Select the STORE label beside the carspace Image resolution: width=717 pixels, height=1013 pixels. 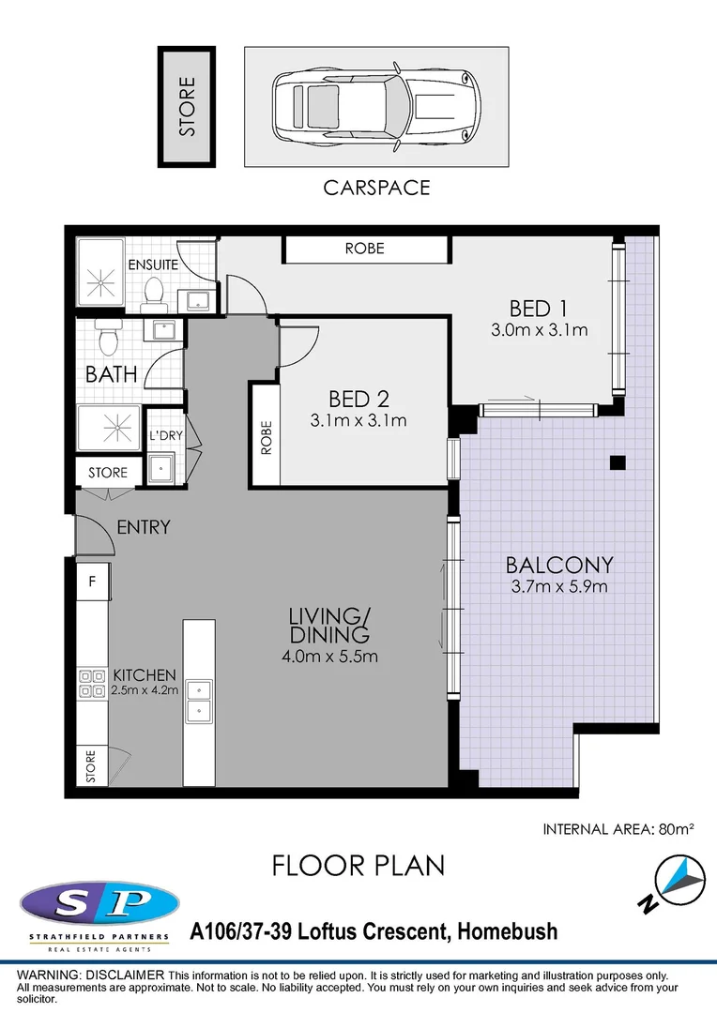click(x=188, y=107)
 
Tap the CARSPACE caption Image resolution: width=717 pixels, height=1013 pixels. click(x=376, y=188)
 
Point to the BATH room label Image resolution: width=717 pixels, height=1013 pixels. click(x=112, y=374)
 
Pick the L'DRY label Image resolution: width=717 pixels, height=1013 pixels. click(x=166, y=436)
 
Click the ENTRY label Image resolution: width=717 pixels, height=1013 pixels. click(x=144, y=528)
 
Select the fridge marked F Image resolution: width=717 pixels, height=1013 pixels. click(x=92, y=582)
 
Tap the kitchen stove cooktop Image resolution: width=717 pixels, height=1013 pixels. click(x=92, y=683)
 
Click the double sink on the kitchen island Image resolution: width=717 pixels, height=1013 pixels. click(x=198, y=700)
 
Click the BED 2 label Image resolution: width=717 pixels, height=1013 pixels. click(x=358, y=398)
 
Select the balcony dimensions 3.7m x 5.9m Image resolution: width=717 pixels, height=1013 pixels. click(x=559, y=587)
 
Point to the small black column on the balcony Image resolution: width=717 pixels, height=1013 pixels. click(x=617, y=461)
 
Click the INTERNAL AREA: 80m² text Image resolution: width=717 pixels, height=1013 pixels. click(x=618, y=829)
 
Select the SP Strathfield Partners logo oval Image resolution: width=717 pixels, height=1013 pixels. click(x=99, y=903)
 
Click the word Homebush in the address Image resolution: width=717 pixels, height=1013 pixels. click(x=506, y=931)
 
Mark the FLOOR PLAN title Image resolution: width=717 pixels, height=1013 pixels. click(x=358, y=865)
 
